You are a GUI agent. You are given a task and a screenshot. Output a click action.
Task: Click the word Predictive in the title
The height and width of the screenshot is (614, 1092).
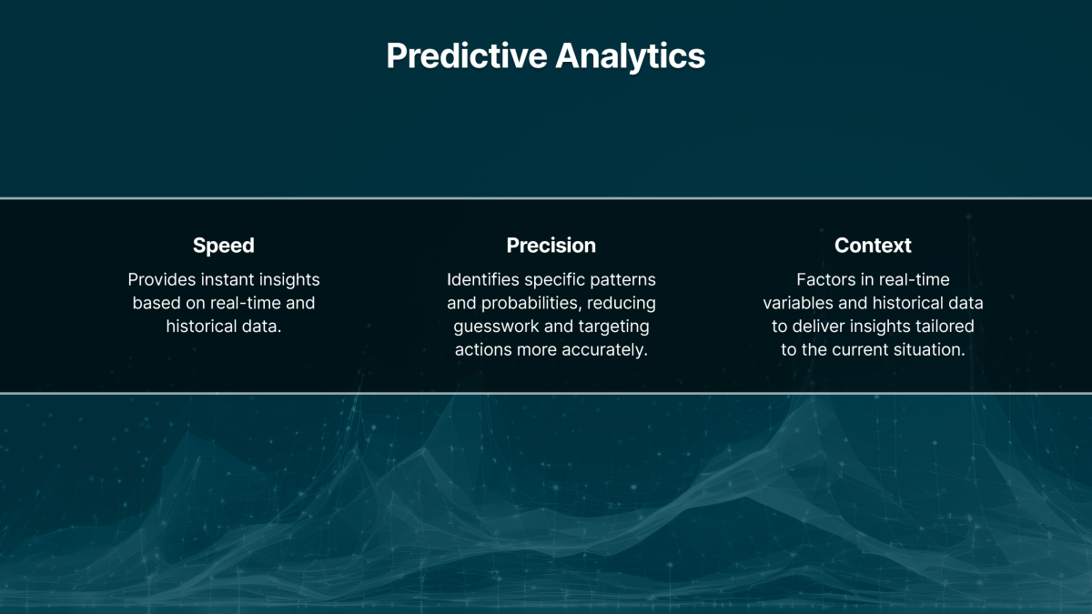tap(465, 56)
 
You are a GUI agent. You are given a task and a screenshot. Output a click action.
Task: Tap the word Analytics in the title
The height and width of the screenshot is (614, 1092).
tap(631, 56)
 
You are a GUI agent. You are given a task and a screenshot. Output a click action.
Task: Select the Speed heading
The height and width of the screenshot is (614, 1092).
tap(224, 246)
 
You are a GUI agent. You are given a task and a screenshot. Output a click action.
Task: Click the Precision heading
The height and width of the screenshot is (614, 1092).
tap(551, 246)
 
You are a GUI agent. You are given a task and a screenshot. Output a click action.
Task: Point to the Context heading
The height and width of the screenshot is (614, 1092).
tap(873, 246)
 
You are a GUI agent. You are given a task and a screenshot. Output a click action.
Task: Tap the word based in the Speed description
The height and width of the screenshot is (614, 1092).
tap(157, 303)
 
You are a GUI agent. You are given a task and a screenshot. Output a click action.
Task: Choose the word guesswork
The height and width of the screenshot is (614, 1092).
tap(495, 327)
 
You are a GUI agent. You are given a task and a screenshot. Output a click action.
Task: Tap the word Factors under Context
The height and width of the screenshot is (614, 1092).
tap(825, 280)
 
